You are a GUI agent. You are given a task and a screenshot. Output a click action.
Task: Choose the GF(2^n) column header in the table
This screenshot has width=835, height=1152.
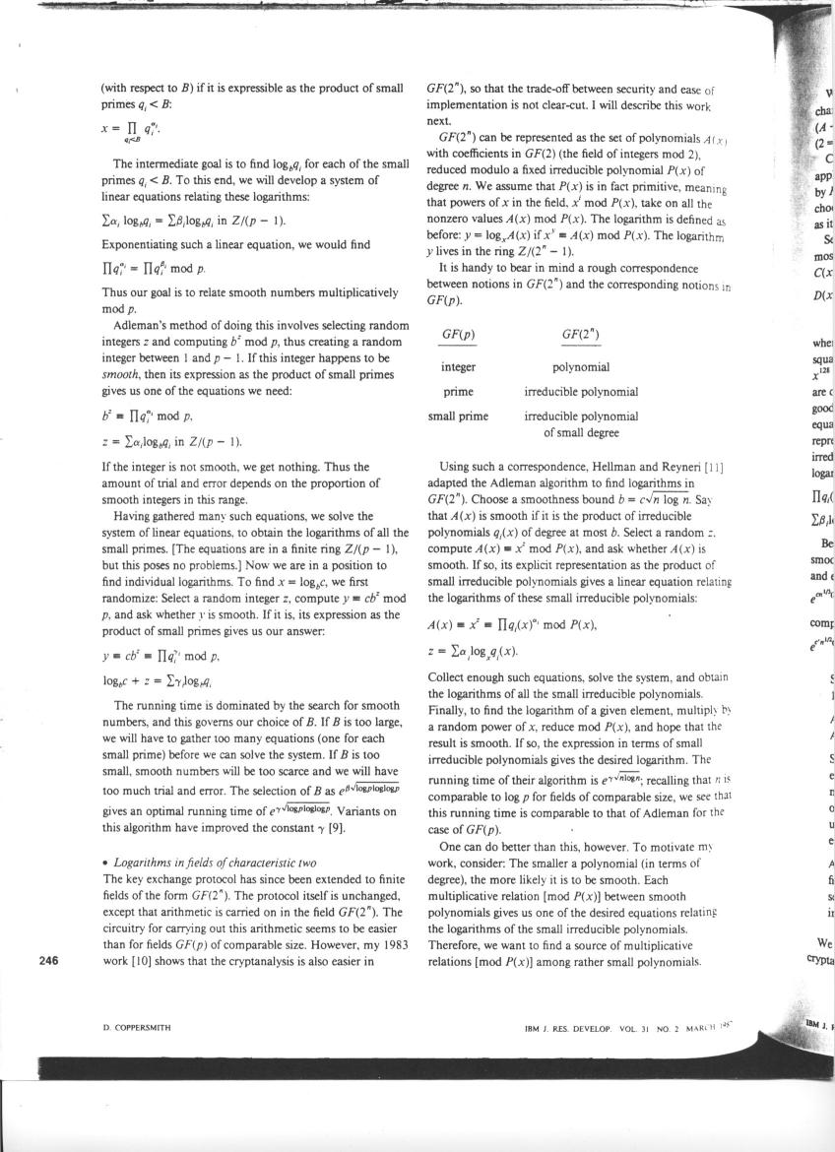tap(581, 334)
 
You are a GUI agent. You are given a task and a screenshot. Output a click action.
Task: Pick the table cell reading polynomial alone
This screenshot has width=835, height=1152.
tap(581, 367)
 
